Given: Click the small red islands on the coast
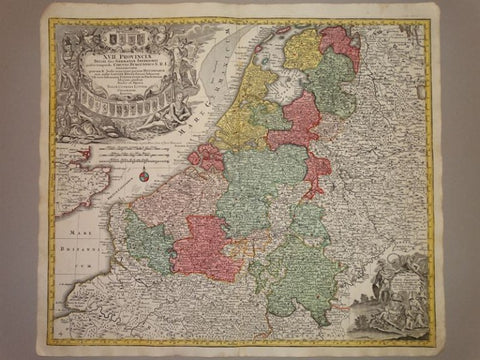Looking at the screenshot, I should [207, 158].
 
